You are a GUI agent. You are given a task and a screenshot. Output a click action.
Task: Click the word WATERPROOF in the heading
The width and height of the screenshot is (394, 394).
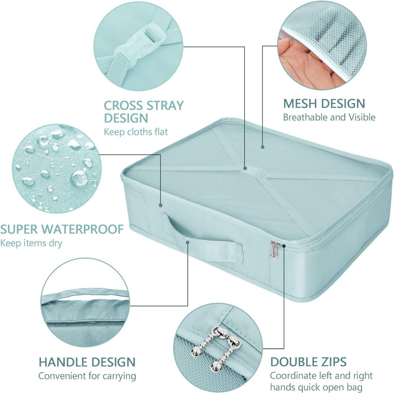[x=82, y=229]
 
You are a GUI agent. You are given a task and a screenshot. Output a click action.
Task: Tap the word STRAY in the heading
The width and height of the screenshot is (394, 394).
[x=165, y=106]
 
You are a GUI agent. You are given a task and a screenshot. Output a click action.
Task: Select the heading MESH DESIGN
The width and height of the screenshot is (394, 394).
[x=324, y=104]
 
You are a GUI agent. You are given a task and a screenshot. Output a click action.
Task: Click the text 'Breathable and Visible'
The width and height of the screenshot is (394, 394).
[x=329, y=117]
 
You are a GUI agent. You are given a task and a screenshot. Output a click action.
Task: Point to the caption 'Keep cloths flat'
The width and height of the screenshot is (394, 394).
[x=136, y=132]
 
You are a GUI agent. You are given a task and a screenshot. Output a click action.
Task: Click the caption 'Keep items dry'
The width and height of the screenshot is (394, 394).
[x=31, y=243]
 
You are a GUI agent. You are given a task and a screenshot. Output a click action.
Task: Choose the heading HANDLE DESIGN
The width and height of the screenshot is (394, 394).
[x=87, y=362]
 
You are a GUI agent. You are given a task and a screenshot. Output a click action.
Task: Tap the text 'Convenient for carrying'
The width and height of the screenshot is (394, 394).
[x=87, y=376]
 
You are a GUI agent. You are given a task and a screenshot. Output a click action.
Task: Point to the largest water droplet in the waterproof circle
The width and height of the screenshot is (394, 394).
[x=79, y=178]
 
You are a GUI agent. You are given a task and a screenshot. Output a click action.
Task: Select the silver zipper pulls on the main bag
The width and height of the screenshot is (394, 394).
[x=275, y=249]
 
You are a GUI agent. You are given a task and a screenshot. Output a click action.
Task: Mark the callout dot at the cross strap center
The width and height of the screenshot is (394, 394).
[x=245, y=168]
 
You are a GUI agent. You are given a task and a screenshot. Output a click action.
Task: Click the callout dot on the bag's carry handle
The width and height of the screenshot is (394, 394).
[x=187, y=242]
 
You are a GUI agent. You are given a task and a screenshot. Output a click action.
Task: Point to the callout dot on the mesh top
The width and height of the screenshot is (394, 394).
[x=262, y=147]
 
